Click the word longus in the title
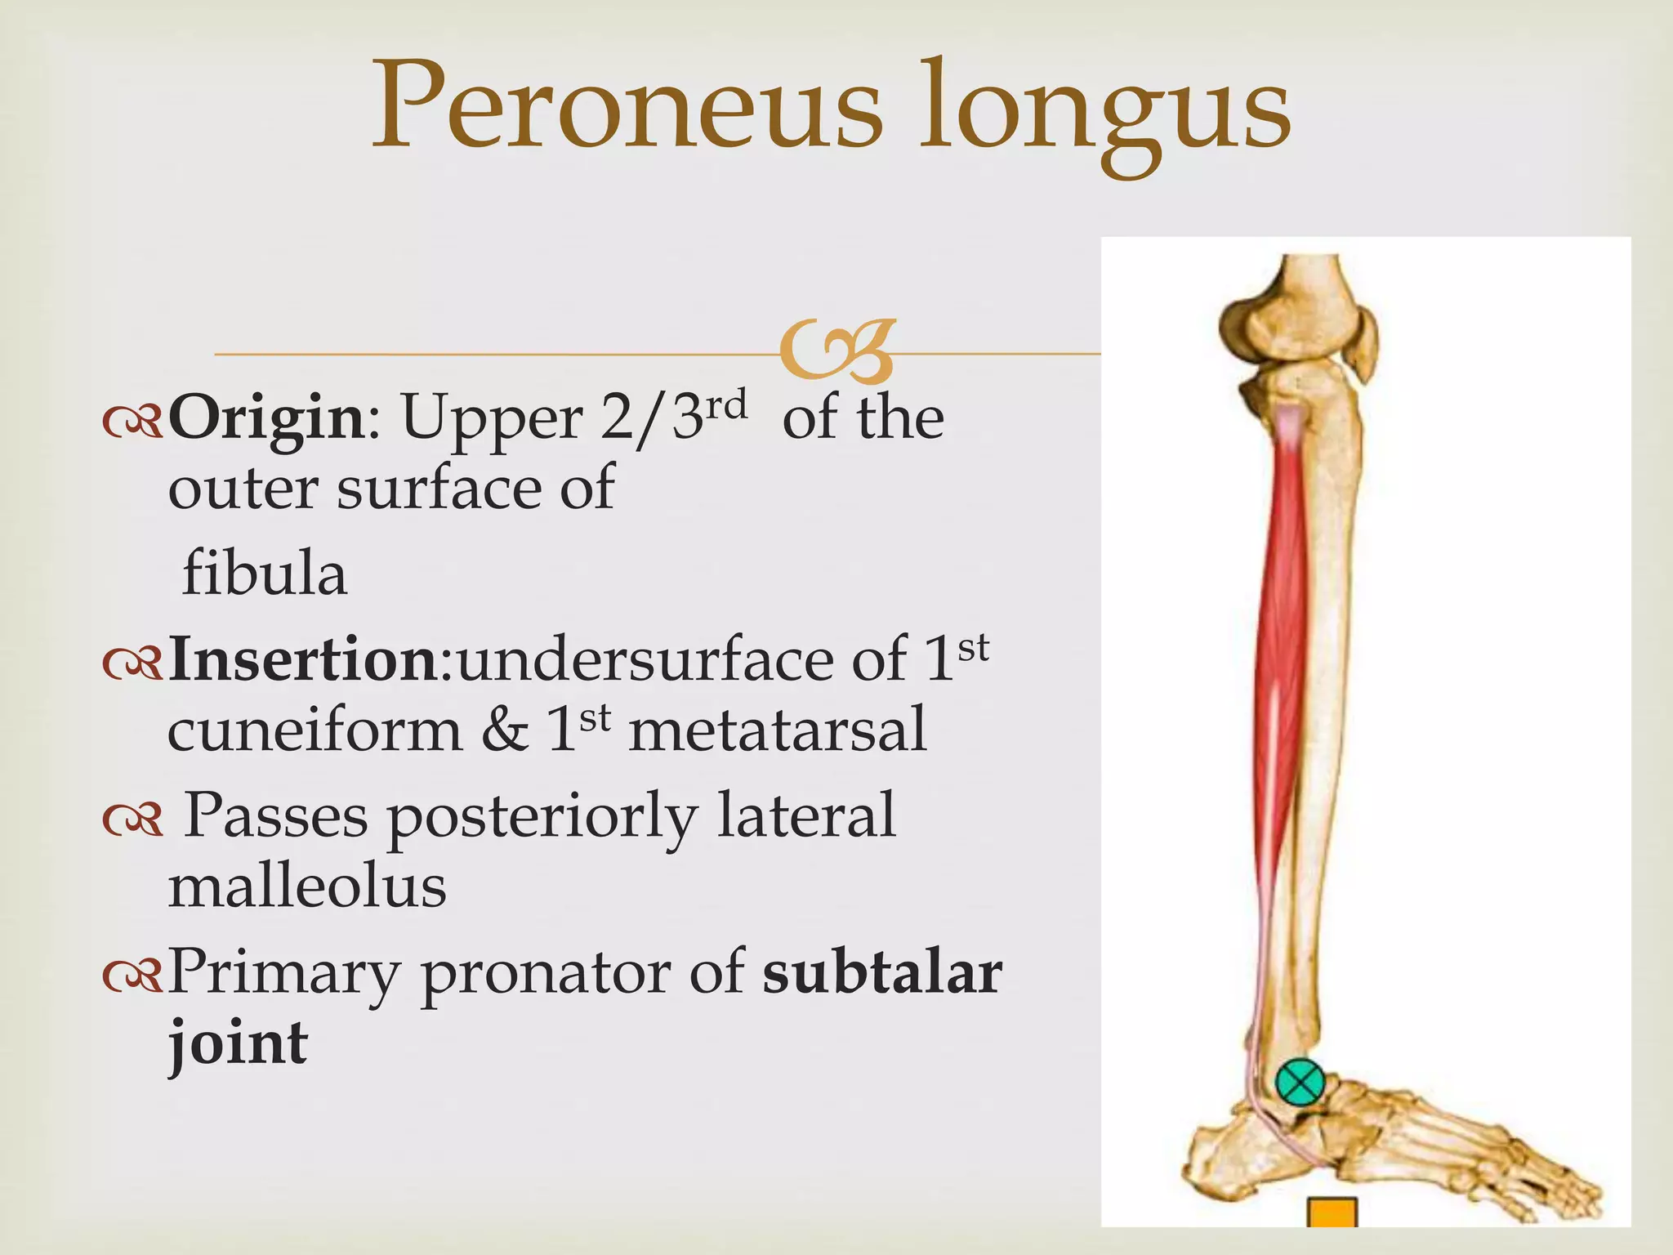[1104, 114]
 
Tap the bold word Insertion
[304, 660]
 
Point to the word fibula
[265, 574]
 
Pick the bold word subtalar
[882, 972]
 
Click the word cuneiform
[315, 730]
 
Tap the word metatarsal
[778, 730]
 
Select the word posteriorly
[542, 817]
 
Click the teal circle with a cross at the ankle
[1300, 1083]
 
